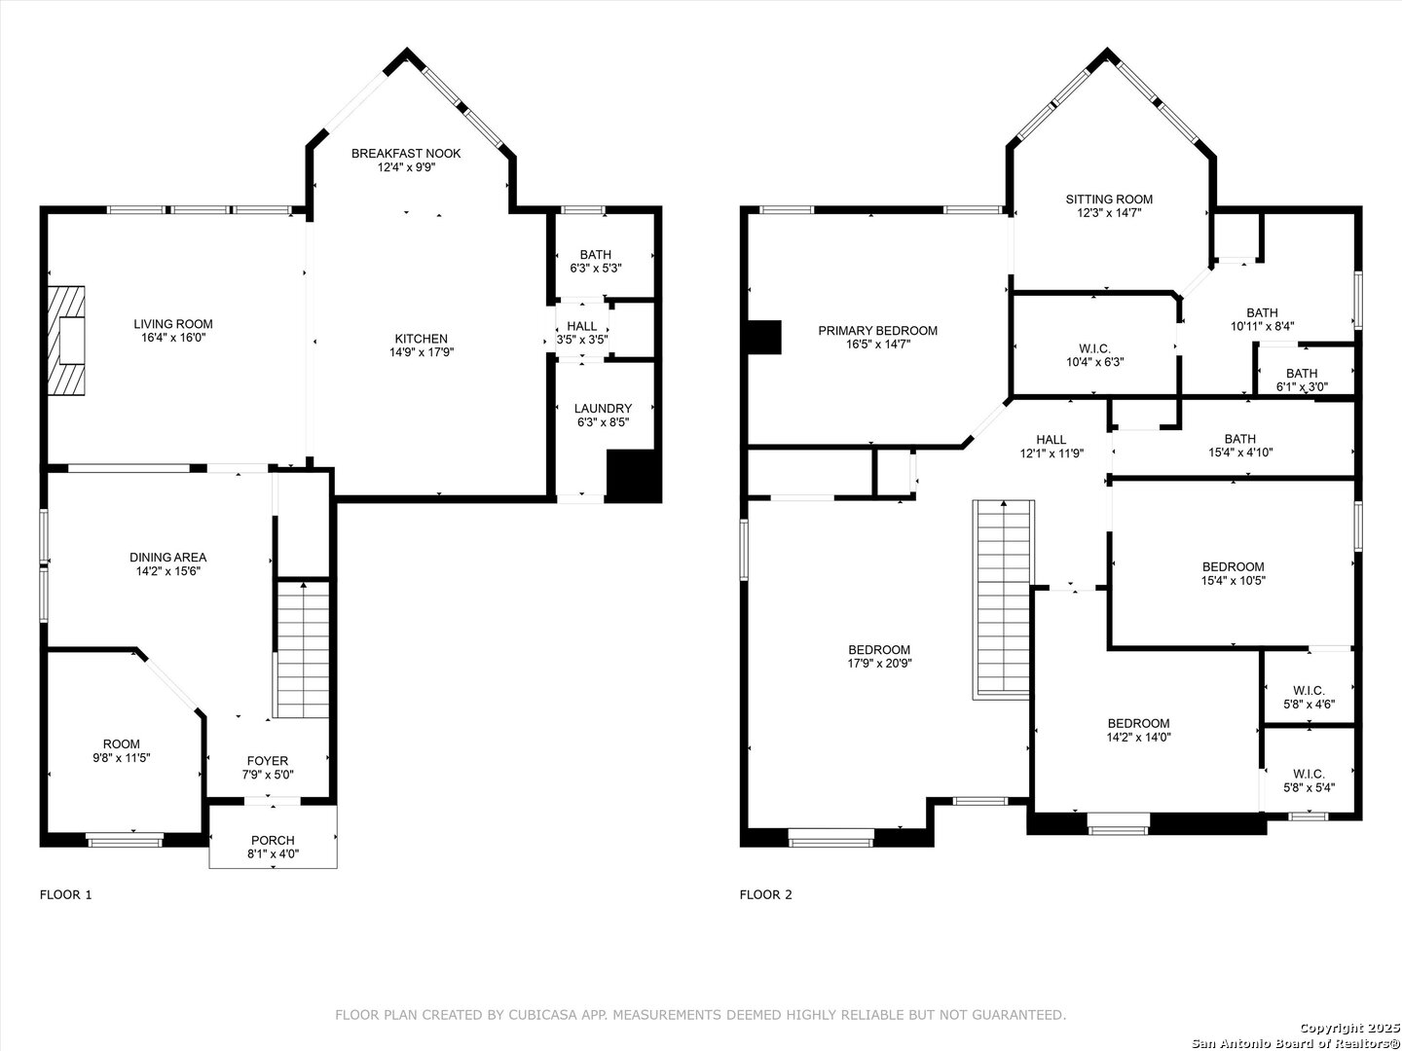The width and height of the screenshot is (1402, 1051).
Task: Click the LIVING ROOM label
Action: click(x=173, y=324)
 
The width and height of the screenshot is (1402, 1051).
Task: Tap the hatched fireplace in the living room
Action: click(x=66, y=341)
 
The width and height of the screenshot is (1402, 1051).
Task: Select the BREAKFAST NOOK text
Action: click(x=406, y=153)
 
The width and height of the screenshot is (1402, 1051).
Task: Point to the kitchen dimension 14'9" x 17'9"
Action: click(x=422, y=352)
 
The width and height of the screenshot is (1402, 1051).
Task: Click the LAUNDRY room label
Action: click(x=603, y=409)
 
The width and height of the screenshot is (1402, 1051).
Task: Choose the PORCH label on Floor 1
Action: click(x=273, y=841)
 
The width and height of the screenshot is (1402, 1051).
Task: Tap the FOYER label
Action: click(x=268, y=761)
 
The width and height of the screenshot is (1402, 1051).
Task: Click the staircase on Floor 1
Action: click(x=302, y=649)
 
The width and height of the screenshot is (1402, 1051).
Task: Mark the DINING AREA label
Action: click(x=168, y=558)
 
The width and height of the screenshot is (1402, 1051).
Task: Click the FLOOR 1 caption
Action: click(x=66, y=894)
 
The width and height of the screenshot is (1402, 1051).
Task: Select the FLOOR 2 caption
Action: click(x=766, y=894)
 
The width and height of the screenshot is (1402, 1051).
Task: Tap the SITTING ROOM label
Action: click(x=1110, y=199)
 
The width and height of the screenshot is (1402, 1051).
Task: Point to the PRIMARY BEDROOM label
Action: click(x=878, y=331)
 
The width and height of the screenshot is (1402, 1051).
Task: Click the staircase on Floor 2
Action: click(x=1004, y=599)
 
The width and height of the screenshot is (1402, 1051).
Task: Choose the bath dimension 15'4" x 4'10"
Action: click(x=1240, y=453)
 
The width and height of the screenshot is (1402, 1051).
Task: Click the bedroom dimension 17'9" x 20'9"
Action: click(x=879, y=664)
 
